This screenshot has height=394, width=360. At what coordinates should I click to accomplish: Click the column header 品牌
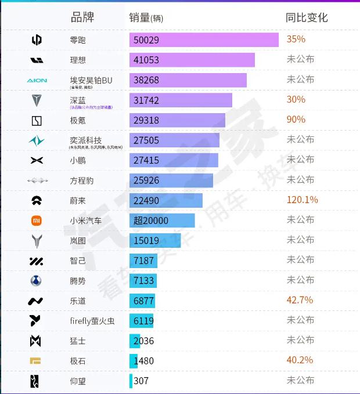click(x=82, y=17)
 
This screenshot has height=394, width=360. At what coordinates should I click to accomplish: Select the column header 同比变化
click(x=307, y=17)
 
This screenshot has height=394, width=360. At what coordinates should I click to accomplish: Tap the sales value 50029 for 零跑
click(x=146, y=40)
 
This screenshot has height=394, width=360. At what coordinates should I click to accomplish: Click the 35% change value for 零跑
click(x=296, y=39)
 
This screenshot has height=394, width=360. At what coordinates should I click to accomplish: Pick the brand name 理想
click(x=78, y=60)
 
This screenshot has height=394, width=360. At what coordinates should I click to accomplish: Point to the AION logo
click(x=37, y=80)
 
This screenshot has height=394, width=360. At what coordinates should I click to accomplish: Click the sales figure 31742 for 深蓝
click(x=146, y=100)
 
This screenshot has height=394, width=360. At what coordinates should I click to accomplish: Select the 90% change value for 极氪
click(x=296, y=120)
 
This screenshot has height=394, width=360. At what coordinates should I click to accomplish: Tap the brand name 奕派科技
click(x=86, y=140)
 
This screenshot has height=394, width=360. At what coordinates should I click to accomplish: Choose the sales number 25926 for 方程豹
click(x=146, y=180)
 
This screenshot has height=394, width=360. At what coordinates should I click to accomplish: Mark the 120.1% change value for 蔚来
click(x=302, y=200)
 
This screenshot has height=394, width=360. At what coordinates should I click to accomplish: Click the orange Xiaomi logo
click(x=37, y=221)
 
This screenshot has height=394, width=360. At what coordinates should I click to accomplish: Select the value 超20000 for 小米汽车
click(x=150, y=221)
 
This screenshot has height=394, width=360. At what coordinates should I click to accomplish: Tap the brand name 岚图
click(x=78, y=240)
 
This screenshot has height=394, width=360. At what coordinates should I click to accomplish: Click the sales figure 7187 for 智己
click(x=143, y=261)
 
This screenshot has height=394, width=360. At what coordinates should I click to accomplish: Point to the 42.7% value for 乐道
click(x=300, y=300)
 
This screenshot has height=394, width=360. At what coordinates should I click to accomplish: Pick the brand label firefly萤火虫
click(x=92, y=320)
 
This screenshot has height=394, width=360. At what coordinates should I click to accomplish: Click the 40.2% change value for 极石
click(x=300, y=360)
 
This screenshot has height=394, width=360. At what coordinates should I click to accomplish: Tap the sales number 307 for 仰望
click(x=141, y=381)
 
